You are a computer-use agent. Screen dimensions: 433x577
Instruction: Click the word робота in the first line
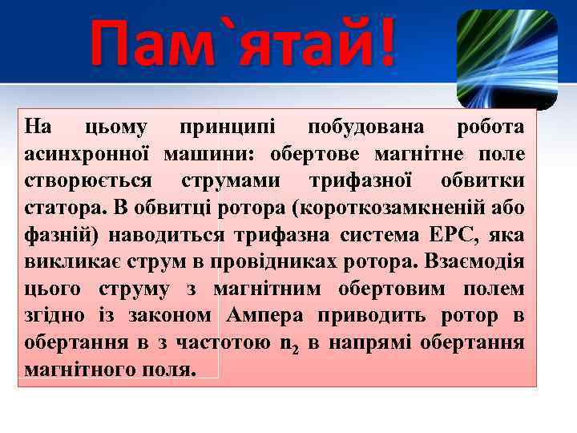[x=490, y=127]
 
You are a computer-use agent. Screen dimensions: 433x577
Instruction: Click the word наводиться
[x=176, y=235]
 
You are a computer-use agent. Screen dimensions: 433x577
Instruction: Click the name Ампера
[x=268, y=316]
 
